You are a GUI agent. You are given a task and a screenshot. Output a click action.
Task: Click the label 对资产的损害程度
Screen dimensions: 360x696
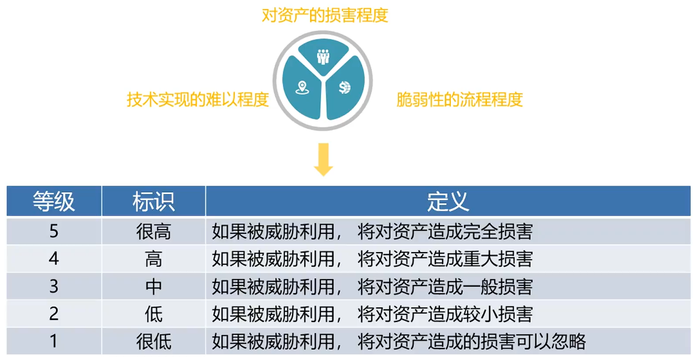coord(325,15)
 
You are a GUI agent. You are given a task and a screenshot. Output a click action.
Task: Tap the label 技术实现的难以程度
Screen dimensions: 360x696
coord(197,100)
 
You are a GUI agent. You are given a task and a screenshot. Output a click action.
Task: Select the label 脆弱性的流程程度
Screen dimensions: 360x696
coord(459,100)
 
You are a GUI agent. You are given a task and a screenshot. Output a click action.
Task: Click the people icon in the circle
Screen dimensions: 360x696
coord(323,56)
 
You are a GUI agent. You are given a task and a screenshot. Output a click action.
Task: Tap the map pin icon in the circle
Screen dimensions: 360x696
coord(301,88)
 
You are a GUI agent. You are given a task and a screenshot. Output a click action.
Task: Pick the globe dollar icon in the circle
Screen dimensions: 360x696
coord(345,87)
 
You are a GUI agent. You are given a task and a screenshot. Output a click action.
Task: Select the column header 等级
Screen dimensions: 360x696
coord(54,201)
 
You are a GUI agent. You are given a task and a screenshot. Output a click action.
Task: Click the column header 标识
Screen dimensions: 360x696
coord(154,201)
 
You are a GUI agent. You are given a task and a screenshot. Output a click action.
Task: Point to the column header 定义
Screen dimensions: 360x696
coord(448,201)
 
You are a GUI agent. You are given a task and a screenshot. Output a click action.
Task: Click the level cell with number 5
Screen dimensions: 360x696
coord(54,231)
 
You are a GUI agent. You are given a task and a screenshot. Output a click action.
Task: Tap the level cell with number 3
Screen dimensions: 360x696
coord(54,286)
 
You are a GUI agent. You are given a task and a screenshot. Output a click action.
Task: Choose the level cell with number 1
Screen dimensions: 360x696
coord(54,341)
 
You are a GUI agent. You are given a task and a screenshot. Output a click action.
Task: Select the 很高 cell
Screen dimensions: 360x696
coord(154,231)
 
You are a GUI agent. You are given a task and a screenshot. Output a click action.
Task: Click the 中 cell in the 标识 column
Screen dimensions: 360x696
coord(154,286)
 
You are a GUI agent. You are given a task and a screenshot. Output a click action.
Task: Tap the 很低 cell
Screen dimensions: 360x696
coord(154,341)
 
